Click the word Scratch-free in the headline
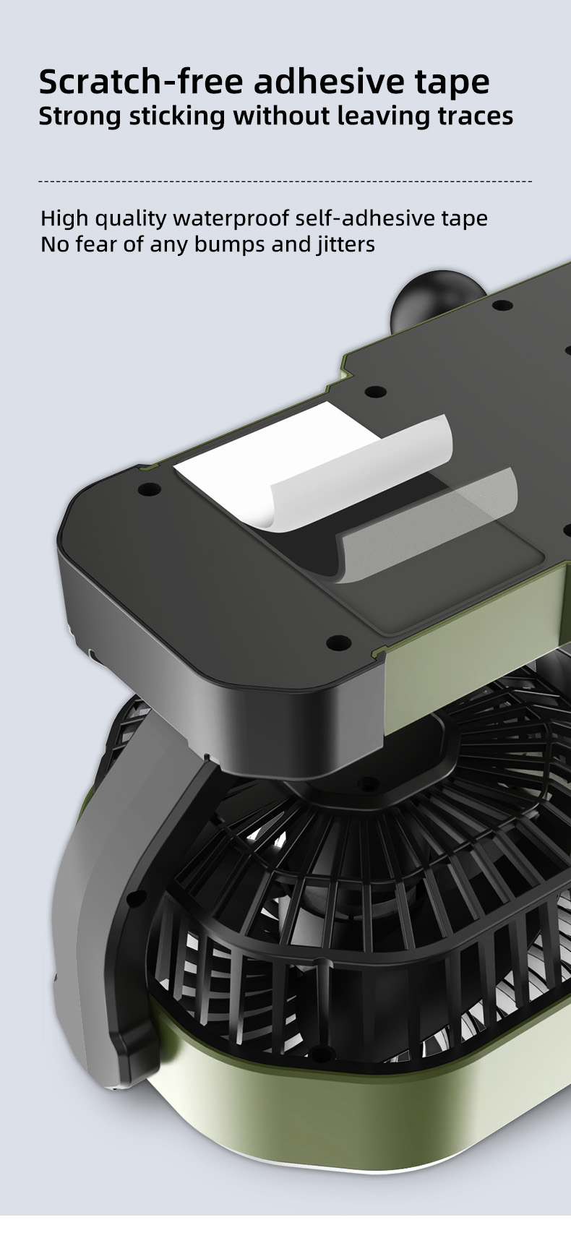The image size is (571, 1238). [x=141, y=82]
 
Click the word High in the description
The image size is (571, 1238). [x=64, y=219]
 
